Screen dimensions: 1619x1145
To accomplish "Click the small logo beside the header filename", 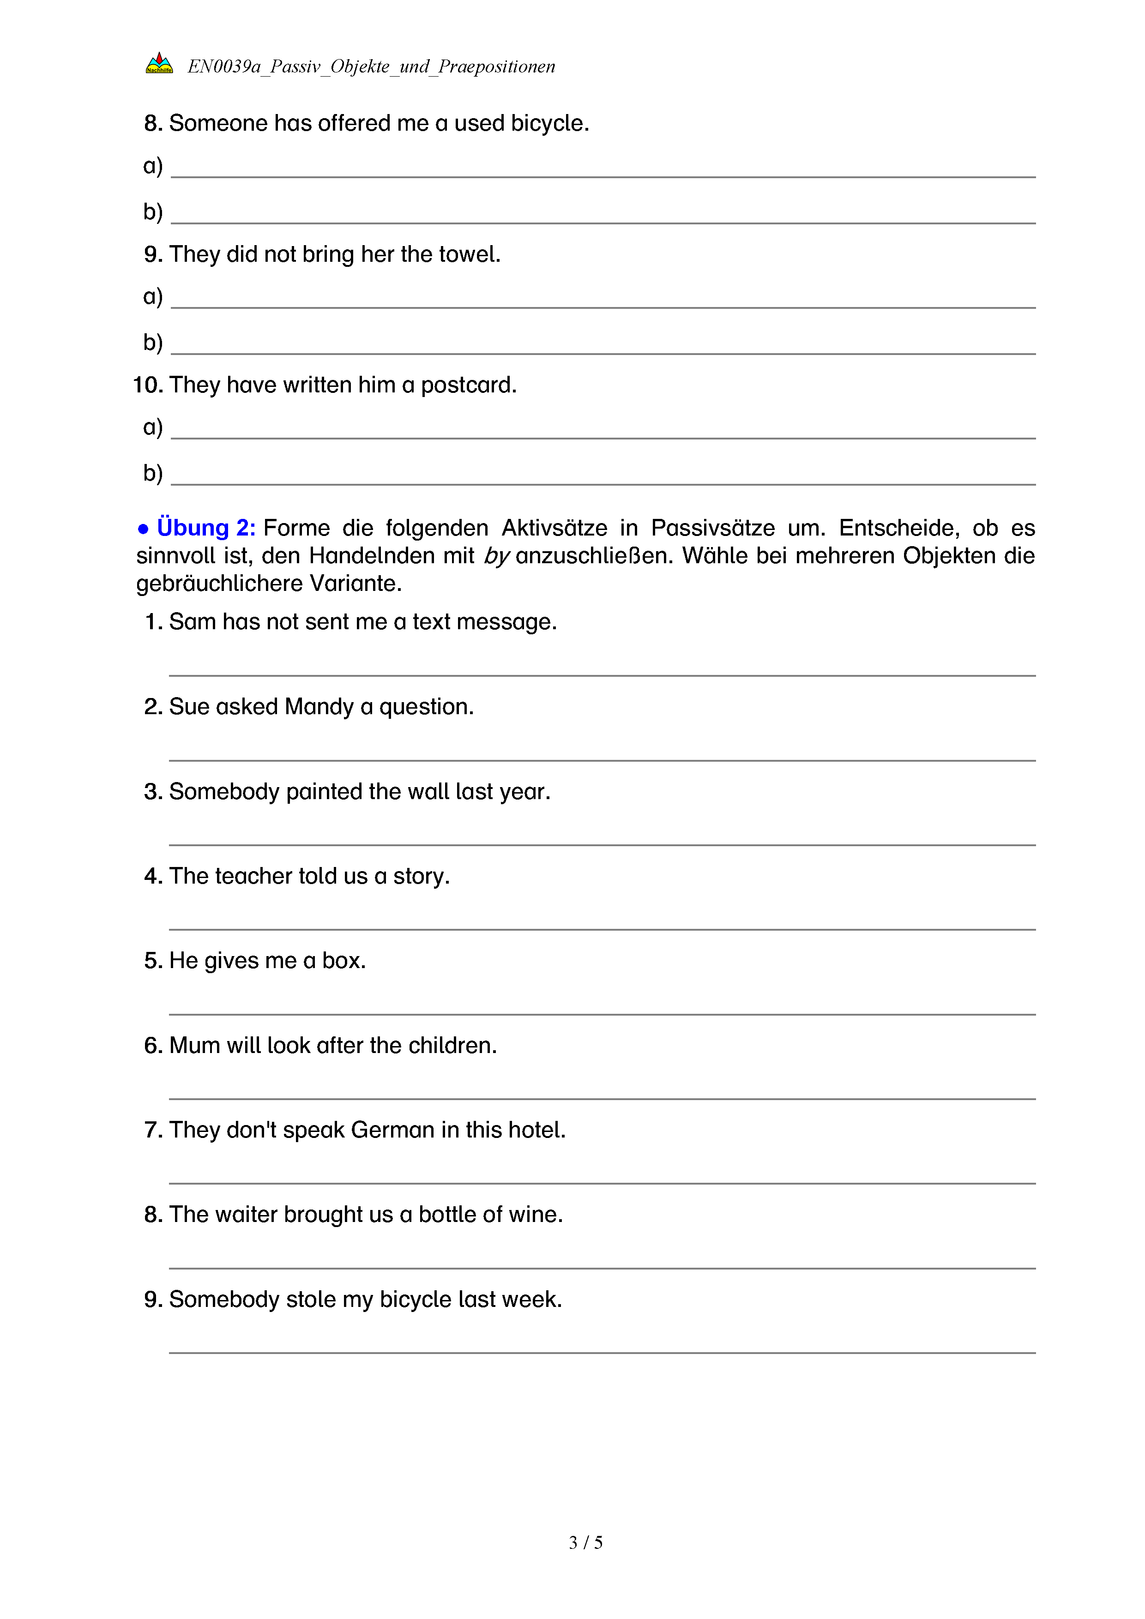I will pos(159,63).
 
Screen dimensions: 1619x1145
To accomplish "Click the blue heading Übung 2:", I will pos(205,528).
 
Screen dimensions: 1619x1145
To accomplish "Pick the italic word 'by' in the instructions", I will pos(496,556).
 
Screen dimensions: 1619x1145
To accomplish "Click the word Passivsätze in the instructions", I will pos(712,528).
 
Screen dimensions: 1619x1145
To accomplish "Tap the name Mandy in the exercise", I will pos(319,706).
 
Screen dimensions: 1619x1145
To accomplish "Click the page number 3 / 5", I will pos(585,1542).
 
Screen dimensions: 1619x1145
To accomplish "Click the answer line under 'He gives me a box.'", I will pos(602,1013).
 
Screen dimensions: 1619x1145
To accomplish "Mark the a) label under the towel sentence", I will pos(152,296).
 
